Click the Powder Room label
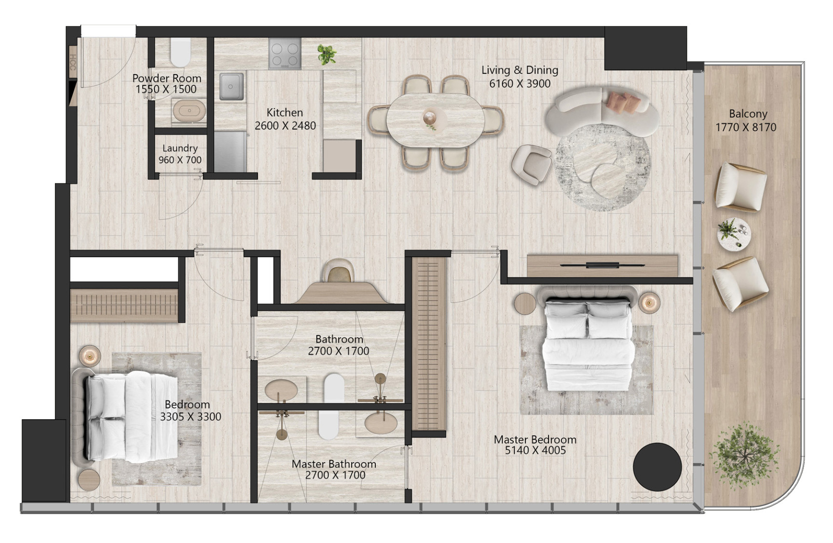coord(166,78)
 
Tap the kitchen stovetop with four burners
coord(285,53)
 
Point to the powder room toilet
coord(180,53)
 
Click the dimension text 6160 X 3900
coord(520,84)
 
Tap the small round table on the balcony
coord(734,234)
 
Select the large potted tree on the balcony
coord(744,456)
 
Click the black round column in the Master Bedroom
coord(657,466)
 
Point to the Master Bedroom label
coord(535,439)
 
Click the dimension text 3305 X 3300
coord(191,417)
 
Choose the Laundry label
coord(180,148)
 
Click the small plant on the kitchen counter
coord(327,54)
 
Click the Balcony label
coord(748,115)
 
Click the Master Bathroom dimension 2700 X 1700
coord(335,475)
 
